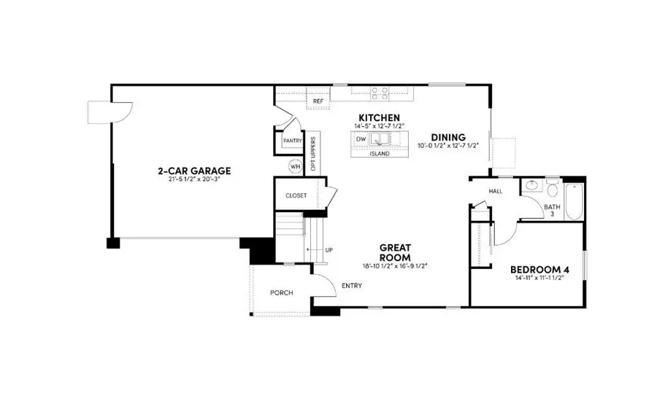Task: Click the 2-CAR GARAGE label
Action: pos(194,171)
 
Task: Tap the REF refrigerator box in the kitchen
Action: pos(318,101)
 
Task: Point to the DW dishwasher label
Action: pos(361,137)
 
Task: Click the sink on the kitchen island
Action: pos(380,138)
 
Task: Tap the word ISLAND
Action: pos(379,154)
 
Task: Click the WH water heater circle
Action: pos(295,166)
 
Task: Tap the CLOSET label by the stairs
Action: pos(296,195)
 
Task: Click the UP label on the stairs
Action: pos(328,250)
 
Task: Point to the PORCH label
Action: pos(281,292)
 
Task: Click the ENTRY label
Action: pos(352,286)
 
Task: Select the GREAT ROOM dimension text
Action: pos(394,266)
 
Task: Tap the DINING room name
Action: pos(447,136)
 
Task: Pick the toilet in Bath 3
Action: pos(553,192)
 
